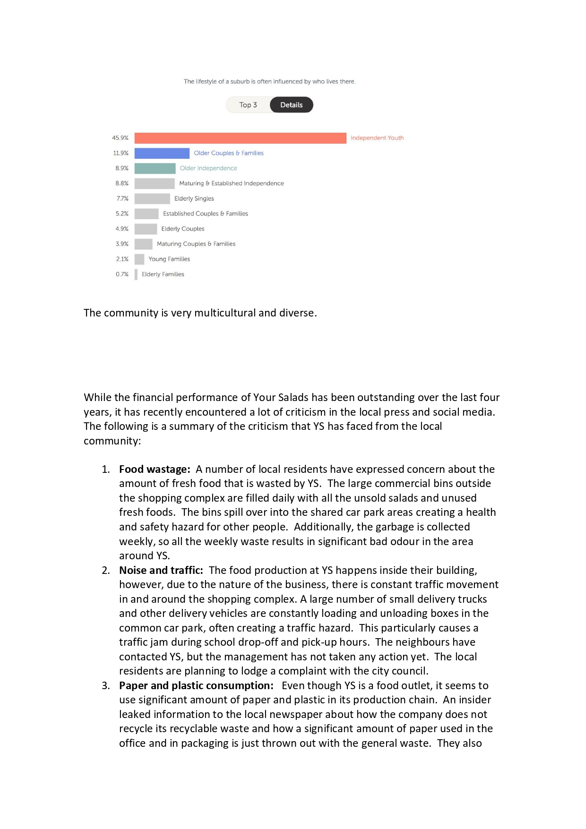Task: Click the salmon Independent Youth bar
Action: point(240,138)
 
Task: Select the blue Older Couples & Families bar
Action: point(162,153)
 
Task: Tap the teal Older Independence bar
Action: point(155,168)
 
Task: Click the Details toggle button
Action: point(291,105)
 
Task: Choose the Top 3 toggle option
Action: point(248,105)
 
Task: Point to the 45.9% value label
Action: point(120,138)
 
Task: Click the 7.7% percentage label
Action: point(122,198)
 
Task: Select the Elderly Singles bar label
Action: point(194,198)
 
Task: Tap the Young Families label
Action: point(169,259)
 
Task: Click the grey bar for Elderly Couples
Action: point(146,229)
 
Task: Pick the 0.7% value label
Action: point(122,274)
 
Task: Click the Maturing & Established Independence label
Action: point(232,183)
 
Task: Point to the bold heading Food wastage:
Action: point(155,469)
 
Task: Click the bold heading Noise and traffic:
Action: point(161,570)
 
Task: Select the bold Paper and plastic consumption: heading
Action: point(196,685)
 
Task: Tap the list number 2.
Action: point(106,570)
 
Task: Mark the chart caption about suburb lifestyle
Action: point(269,81)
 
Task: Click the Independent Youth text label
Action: point(377,138)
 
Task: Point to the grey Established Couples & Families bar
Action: point(146,214)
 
